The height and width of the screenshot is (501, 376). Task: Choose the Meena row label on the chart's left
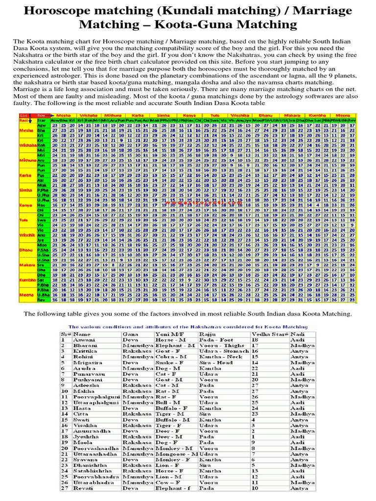[25, 295]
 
